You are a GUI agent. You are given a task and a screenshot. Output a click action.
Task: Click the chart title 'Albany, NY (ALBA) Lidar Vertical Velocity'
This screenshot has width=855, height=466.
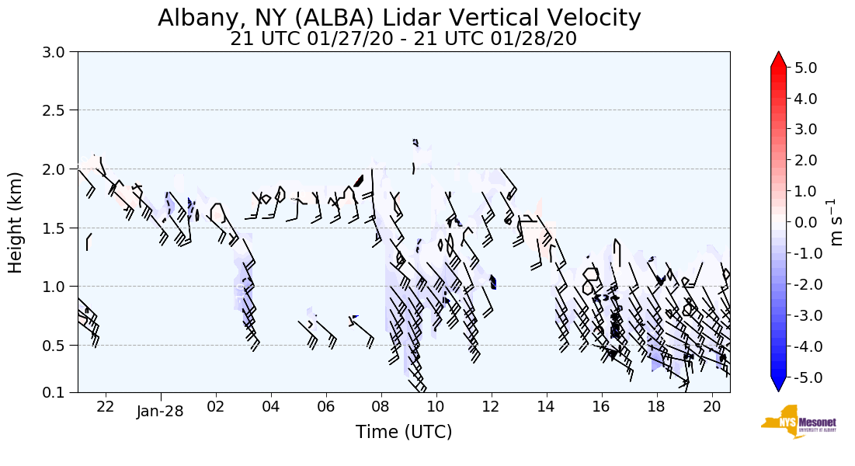pos(400,18)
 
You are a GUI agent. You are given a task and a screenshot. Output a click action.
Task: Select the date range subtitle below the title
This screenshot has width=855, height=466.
pos(403,39)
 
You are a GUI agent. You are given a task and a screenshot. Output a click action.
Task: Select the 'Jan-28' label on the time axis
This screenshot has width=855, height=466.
pos(160,411)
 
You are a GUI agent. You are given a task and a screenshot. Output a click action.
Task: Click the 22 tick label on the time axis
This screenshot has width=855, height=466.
pos(106,406)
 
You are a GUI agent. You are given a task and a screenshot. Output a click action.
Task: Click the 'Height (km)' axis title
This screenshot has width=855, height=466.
pos(16,222)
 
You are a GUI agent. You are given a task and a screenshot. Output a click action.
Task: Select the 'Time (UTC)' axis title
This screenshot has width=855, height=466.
pos(404,433)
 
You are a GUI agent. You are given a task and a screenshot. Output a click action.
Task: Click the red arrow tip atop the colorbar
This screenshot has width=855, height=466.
pos(779,58)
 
